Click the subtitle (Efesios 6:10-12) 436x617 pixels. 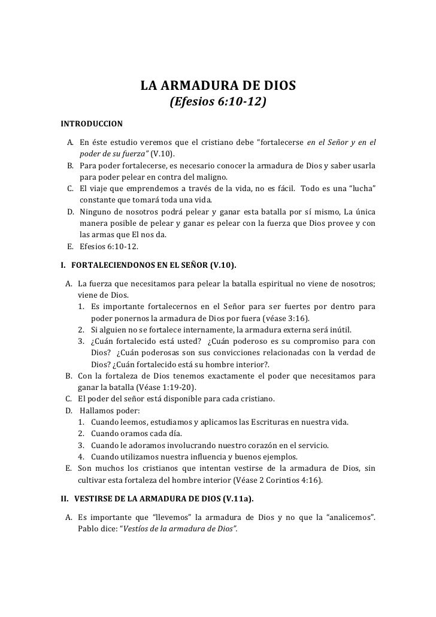[x=218, y=104]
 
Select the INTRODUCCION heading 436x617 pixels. [x=92, y=124]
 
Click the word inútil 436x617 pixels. [x=340, y=329]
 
